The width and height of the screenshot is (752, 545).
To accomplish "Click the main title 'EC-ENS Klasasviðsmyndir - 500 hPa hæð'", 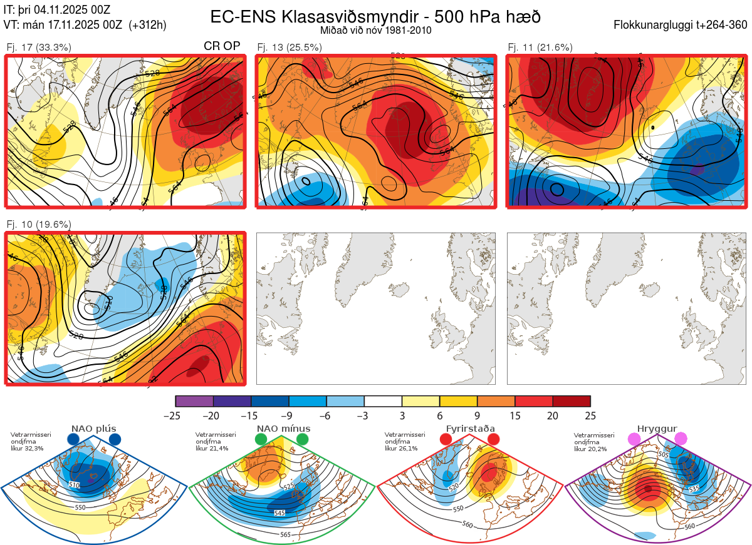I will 375,16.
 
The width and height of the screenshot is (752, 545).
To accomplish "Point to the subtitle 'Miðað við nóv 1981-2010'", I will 375,30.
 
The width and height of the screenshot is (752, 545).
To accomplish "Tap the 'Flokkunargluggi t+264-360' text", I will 681,25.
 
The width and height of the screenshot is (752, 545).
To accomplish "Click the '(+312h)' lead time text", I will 147,25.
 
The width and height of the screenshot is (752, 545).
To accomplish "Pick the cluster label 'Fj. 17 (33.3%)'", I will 38,47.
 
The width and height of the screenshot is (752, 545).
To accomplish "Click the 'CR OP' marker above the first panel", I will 222,46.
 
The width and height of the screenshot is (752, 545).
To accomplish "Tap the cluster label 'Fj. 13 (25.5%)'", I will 290,47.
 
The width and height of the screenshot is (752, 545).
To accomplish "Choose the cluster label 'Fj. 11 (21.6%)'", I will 540,47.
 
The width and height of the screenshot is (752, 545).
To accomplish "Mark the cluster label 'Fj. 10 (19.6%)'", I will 38,225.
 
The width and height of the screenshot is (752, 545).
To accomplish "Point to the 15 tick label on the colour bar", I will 515,415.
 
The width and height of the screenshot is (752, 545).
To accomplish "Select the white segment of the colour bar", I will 383,401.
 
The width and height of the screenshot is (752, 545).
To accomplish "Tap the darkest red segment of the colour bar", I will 572,401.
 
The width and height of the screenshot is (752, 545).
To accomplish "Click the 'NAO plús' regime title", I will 94,429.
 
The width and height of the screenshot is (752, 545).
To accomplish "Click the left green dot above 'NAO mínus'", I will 261,440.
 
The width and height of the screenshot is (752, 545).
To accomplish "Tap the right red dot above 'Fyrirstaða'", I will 493,440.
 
